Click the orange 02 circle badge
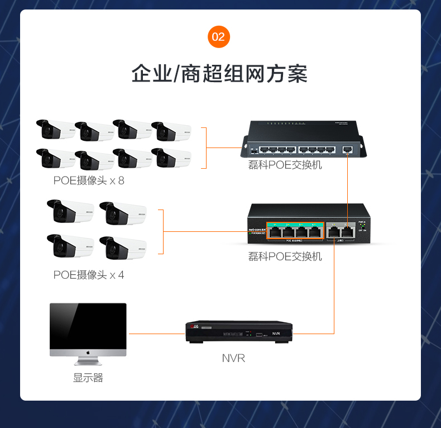(219, 37)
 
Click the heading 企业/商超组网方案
(219, 74)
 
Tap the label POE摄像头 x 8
(89, 181)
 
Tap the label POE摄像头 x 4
(89, 275)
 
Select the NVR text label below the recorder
(233, 358)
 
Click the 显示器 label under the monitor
(88, 378)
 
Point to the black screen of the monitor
(88, 325)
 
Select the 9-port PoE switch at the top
(302, 139)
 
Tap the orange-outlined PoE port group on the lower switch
(295, 231)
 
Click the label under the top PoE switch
(285, 165)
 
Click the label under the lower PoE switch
(285, 256)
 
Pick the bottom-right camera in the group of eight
(171, 158)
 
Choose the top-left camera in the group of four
(70, 211)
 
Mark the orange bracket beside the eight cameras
(205, 148)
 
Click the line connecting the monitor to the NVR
(156, 334)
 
